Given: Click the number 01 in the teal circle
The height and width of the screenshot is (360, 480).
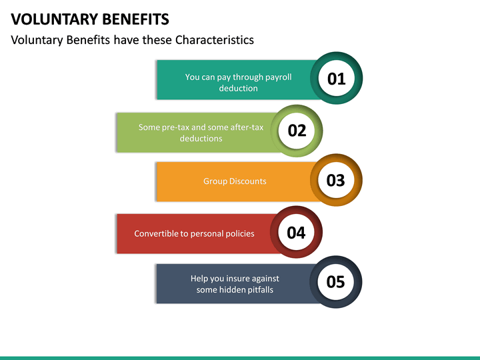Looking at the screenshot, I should [x=337, y=79].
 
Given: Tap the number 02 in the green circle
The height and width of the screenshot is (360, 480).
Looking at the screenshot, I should [x=297, y=130].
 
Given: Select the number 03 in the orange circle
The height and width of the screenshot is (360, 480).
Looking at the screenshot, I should [x=336, y=180].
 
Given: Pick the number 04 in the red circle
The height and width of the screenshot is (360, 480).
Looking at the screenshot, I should [x=296, y=232].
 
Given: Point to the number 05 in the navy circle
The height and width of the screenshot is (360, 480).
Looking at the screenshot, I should [x=336, y=282].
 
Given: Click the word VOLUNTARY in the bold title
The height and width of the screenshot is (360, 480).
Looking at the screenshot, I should [x=50, y=19].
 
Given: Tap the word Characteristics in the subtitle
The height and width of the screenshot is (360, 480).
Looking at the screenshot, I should [x=215, y=40].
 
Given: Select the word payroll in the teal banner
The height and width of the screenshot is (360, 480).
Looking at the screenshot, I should [x=278, y=77].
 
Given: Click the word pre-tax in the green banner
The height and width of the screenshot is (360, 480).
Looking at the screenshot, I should [x=175, y=127].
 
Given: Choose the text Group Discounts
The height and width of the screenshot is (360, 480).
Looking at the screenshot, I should [x=235, y=181].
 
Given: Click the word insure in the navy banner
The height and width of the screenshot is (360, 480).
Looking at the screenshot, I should [x=249, y=278].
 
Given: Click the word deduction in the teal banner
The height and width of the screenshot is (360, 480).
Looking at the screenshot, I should [x=238, y=88].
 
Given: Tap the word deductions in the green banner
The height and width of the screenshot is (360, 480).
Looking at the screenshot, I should [x=201, y=138].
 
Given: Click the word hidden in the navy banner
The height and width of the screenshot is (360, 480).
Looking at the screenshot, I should [x=228, y=289].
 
